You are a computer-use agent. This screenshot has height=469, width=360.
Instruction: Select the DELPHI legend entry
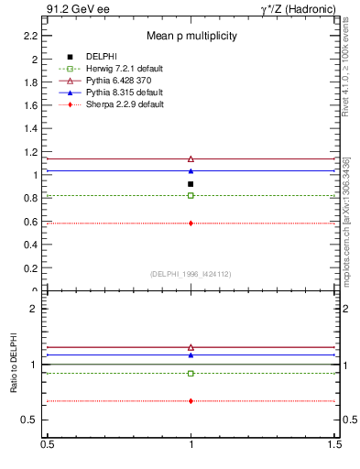[101, 57]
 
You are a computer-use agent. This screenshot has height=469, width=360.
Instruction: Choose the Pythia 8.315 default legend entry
[115, 93]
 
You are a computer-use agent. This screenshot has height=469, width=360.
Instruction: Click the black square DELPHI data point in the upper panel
[191, 184]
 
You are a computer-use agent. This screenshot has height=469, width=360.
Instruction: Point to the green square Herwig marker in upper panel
[191, 195]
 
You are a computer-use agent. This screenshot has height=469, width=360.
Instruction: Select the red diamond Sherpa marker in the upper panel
[191, 223]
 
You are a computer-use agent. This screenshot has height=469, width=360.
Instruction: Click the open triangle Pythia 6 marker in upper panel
[191, 158]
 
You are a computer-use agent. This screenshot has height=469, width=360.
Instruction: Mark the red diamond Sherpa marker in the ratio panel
[191, 401]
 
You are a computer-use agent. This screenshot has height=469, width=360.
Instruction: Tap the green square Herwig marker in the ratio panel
[191, 373]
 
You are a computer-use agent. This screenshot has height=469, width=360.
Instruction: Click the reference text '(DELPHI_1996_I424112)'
[191, 273]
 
